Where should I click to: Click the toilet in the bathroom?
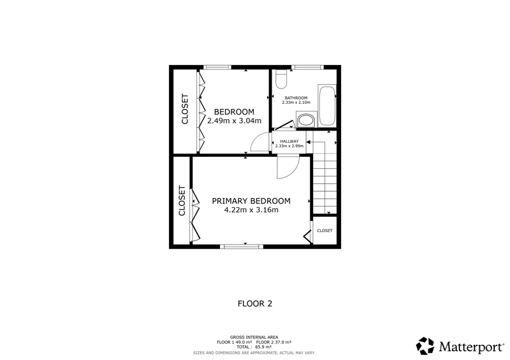pos(280,79)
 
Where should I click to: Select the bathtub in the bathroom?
pos(327,106)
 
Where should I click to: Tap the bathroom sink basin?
pos(306,120)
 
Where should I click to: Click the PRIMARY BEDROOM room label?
pos(251,201)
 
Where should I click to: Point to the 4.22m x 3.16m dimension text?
pos(251,210)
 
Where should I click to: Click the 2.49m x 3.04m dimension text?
pos(234,121)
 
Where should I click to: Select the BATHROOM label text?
pos(296,98)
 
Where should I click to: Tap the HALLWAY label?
pos(289,141)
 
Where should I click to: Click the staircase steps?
pos(324,178)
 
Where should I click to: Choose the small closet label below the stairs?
pos(324,231)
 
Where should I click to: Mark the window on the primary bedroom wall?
pos(242,247)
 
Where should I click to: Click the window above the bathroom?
pos(307,68)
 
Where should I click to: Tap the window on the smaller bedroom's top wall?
pos(217,68)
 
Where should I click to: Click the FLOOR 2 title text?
pos(255,304)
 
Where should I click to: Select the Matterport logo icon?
pos(425,346)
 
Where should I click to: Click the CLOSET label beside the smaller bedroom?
pos(185,109)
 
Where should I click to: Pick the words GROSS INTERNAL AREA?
pos(254,338)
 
